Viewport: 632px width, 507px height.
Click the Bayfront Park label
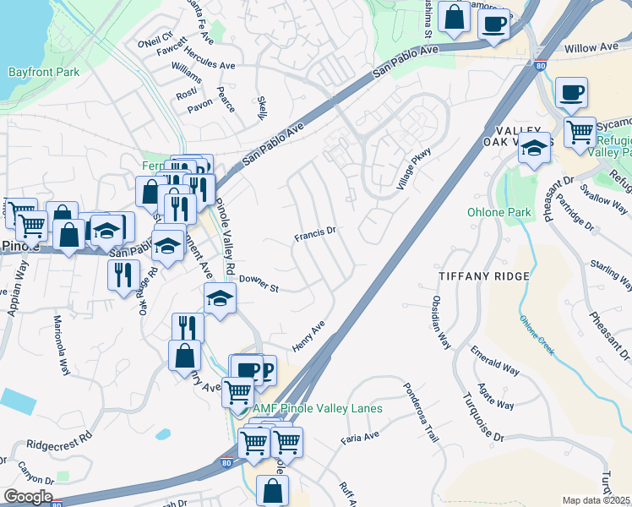(44, 72)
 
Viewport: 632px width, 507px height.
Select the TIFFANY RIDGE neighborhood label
(484, 276)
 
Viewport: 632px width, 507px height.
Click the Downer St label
(259, 284)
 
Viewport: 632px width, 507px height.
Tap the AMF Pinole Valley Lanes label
(318, 408)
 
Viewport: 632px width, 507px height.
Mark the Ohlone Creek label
(537, 335)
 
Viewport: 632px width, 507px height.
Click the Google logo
(28, 497)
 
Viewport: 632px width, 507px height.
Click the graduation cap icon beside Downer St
(220, 298)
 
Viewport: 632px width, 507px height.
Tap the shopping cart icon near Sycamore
(580, 131)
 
